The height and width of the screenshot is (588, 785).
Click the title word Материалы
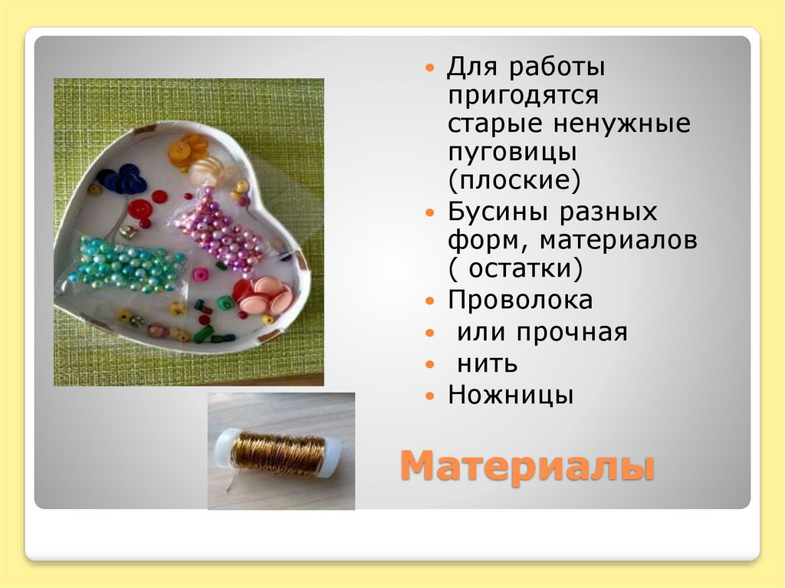tap(527, 466)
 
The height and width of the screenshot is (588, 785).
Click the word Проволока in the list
tap(521, 301)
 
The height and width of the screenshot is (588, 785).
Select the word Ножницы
tap(511, 396)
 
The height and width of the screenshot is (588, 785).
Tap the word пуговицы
tap(512, 152)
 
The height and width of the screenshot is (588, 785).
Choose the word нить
tap(488, 363)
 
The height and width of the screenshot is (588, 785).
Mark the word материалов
tap(619, 241)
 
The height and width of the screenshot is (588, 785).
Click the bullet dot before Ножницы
tap(431, 396)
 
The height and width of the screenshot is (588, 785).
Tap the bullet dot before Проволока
tap(431, 301)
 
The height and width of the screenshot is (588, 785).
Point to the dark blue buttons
tap(123, 180)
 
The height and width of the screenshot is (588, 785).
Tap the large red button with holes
tap(140, 209)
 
